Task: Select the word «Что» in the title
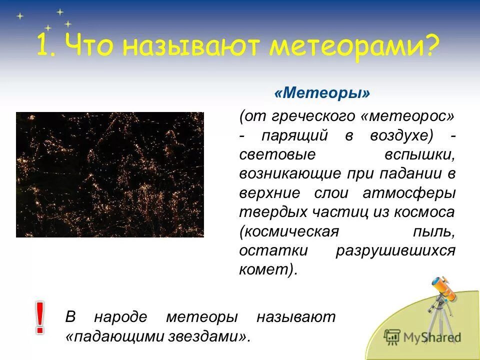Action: (88, 46)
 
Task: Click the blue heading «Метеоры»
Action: (322, 93)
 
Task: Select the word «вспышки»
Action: (419, 154)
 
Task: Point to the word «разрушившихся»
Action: (395, 250)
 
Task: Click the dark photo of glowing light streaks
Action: (110, 174)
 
